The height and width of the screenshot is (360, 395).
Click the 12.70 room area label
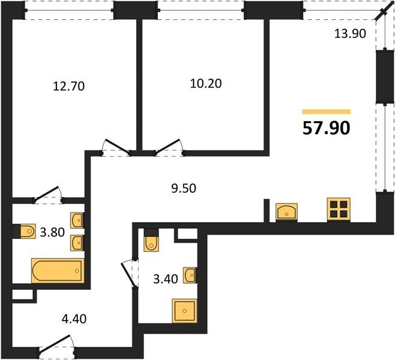pos(69,86)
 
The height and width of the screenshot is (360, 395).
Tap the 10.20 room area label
pos(206,83)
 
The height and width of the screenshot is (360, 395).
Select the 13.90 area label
pos(350,34)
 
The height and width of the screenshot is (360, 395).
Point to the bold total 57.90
pos(326,128)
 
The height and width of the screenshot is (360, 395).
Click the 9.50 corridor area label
pos(184,188)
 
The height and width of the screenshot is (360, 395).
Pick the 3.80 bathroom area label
pos(52,232)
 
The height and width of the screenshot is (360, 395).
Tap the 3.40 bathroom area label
pos(166,279)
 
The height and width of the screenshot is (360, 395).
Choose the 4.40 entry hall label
pos(74,319)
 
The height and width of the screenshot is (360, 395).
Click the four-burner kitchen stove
pos(339,210)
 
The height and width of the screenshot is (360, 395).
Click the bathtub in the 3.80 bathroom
pos(58,271)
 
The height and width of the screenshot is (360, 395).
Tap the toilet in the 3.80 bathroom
pos(28,231)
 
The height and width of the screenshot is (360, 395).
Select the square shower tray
pos(185,311)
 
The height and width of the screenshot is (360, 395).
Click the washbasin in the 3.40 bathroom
pos(190,275)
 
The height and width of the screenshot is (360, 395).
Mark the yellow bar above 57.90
pos(327,112)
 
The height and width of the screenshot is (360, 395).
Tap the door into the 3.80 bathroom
pos(48,194)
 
